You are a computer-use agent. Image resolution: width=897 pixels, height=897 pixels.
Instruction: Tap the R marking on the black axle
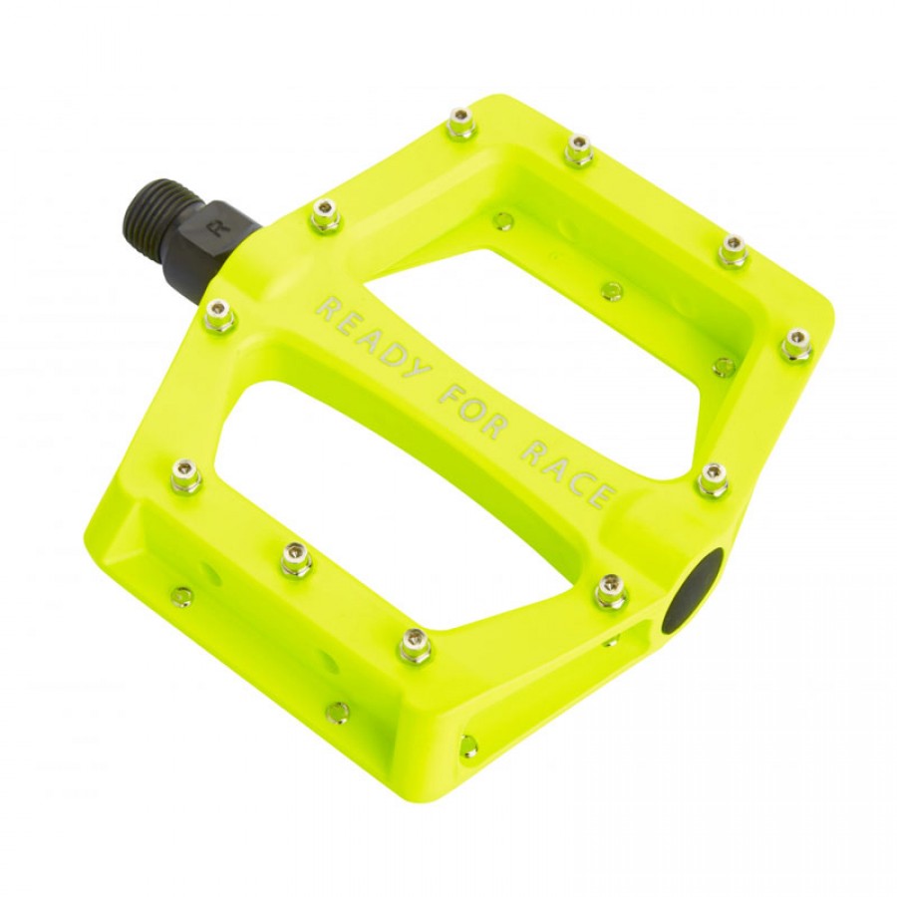(214, 228)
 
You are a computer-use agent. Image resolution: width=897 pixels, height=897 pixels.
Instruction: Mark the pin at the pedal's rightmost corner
(795, 344)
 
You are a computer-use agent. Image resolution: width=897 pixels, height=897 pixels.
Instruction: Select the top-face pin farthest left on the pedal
(186, 475)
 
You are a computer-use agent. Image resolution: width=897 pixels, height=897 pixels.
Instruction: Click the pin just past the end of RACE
(712, 479)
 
